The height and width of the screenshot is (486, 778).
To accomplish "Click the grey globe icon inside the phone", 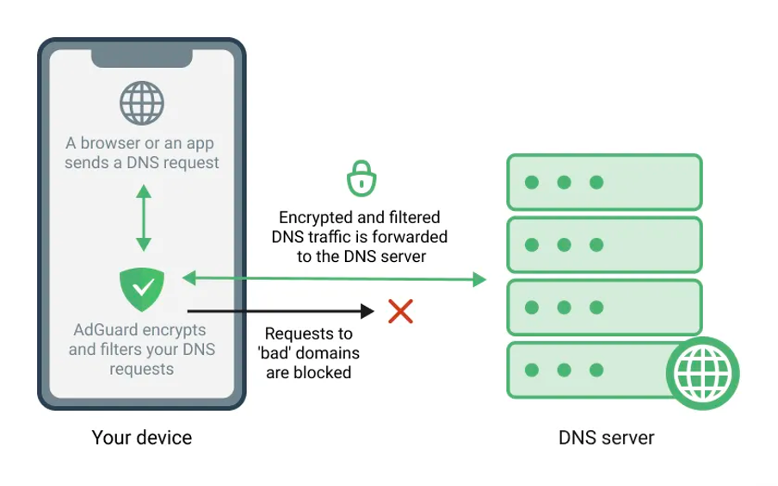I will [x=142, y=103].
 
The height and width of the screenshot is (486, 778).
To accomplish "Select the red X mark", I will [x=400, y=311].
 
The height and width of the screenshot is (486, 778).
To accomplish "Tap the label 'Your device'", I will [x=142, y=438].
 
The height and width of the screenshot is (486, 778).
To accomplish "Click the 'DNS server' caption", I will [x=606, y=438].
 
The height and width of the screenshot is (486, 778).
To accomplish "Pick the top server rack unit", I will [x=604, y=183].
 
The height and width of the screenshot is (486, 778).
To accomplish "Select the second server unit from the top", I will [x=604, y=246].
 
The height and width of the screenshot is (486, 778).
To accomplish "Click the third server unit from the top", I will [x=604, y=308].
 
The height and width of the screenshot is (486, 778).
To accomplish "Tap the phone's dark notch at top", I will [x=142, y=57].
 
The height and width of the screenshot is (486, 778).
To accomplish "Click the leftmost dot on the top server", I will [x=532, y=183].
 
